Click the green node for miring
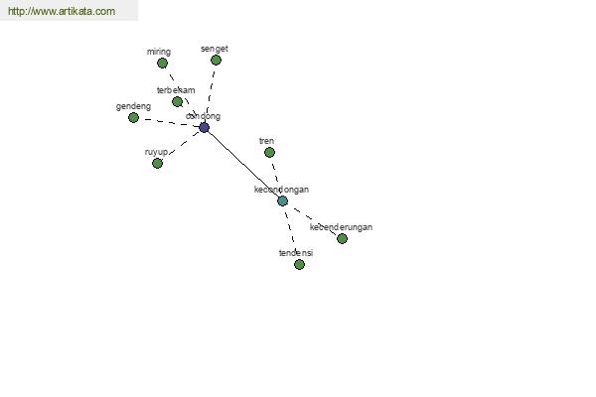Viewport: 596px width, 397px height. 162,64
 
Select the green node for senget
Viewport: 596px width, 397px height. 216,61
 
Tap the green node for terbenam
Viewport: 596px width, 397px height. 177,102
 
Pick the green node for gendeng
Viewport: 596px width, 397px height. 133,118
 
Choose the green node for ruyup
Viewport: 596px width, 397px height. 157,164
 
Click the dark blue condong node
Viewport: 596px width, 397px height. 204,128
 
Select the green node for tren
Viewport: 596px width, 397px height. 269,153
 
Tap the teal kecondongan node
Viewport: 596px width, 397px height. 282,201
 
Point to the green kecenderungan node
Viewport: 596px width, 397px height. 342,239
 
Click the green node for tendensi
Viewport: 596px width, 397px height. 299,265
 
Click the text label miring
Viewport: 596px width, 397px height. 158,52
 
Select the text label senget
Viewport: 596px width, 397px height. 214,49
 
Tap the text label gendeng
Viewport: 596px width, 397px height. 133,106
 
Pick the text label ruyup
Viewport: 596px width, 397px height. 156,152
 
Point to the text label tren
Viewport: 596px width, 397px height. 266,141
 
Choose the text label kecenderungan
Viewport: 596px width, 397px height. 341,227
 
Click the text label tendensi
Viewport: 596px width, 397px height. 296,253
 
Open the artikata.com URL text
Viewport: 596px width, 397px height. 61,12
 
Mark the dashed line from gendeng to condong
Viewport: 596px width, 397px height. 169,122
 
